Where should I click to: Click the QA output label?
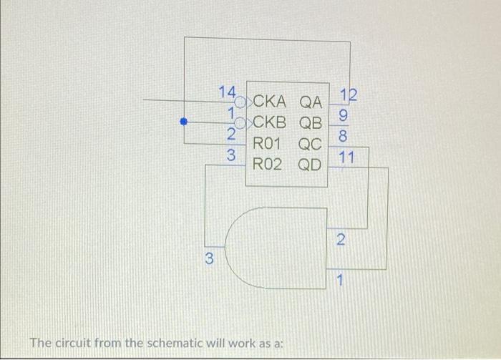(311, 102)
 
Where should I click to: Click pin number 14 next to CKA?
(228, 92)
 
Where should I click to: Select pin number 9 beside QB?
(344, 113)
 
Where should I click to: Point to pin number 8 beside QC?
(344, 134)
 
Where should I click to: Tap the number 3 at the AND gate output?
(209, 259)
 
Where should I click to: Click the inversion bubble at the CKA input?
(242, 102)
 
